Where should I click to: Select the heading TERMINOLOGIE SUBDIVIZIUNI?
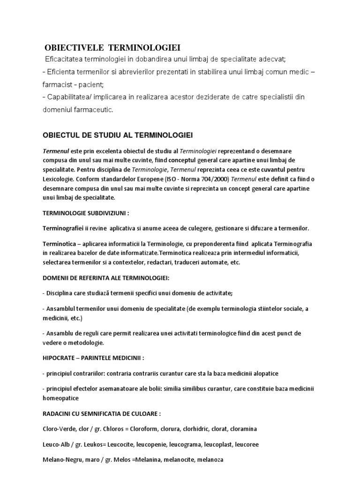85,213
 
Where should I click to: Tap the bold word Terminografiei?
64,228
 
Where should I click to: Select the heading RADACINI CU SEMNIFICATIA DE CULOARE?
102,414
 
